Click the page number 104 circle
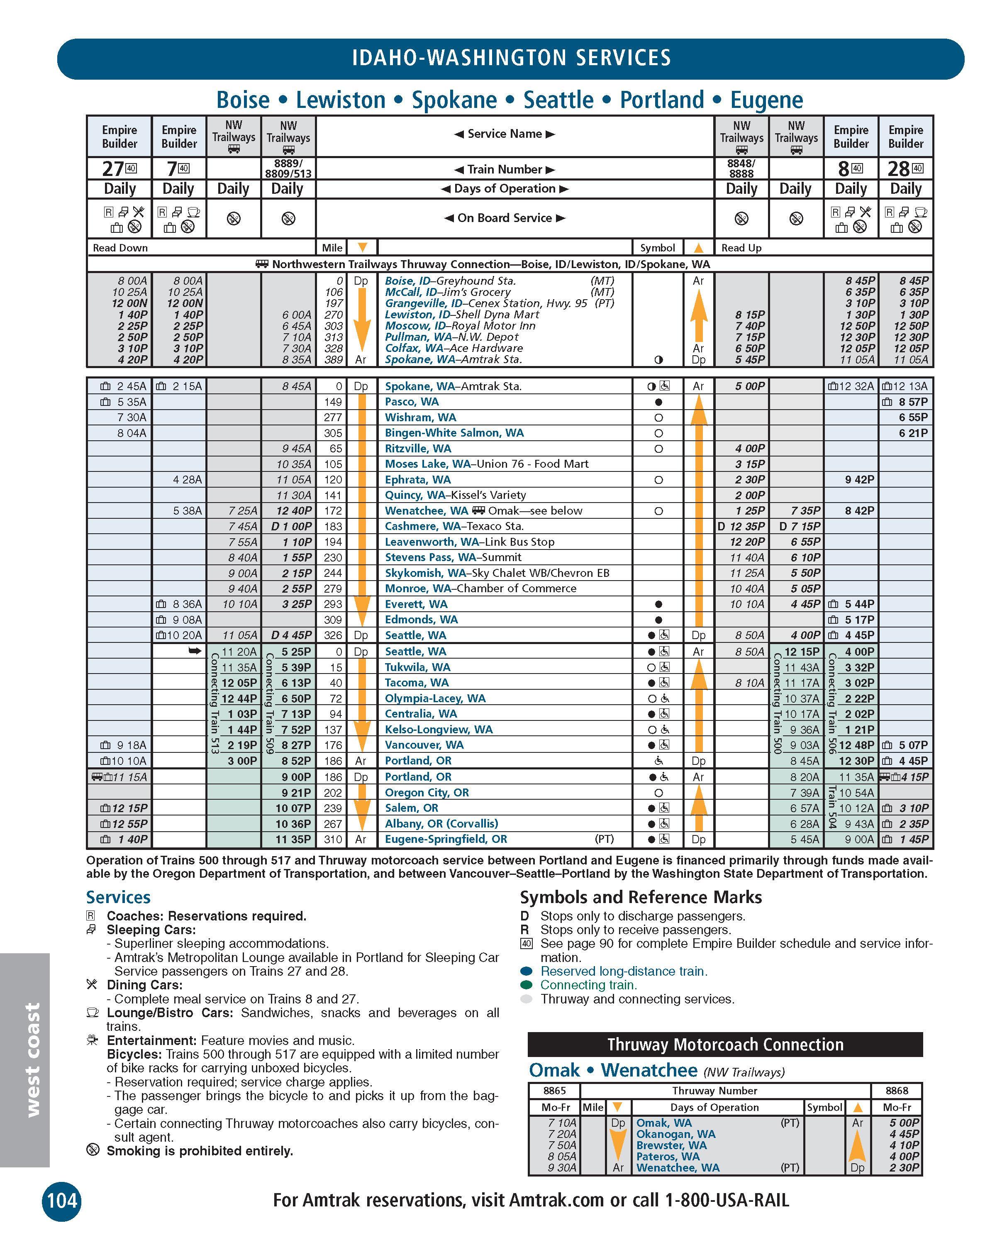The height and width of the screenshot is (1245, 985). pyautogui.click(x=61, y=1200)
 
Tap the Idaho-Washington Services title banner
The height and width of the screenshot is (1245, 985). pyautogui.click(x=511, y=58)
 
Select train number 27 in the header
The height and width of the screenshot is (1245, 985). pyautogui.click(x=113, y=169)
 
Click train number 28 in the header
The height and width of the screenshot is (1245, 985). pyautogui.click(x=899, y=169)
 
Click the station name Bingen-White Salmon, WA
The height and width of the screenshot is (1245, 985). pyautogui.click(x=454, y=432)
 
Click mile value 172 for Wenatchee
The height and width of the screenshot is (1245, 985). pyautogui.click(x=333, y=510)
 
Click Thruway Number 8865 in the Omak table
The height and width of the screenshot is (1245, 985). pyautogui.click(x=554, y=1091)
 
